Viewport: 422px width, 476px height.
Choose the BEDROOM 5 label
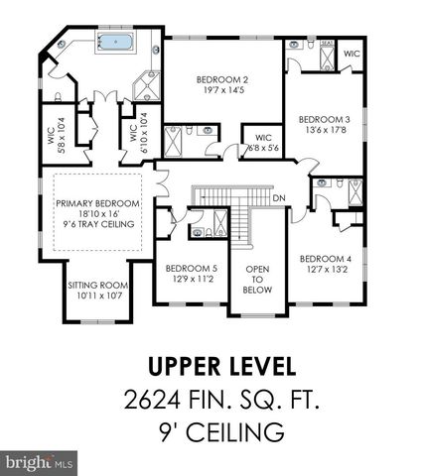coord(190,268)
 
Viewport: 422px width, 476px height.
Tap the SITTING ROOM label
coord(95,286)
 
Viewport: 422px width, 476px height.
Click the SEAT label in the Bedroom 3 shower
coord(327,44)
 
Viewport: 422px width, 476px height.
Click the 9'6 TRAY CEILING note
coord(96,225)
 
